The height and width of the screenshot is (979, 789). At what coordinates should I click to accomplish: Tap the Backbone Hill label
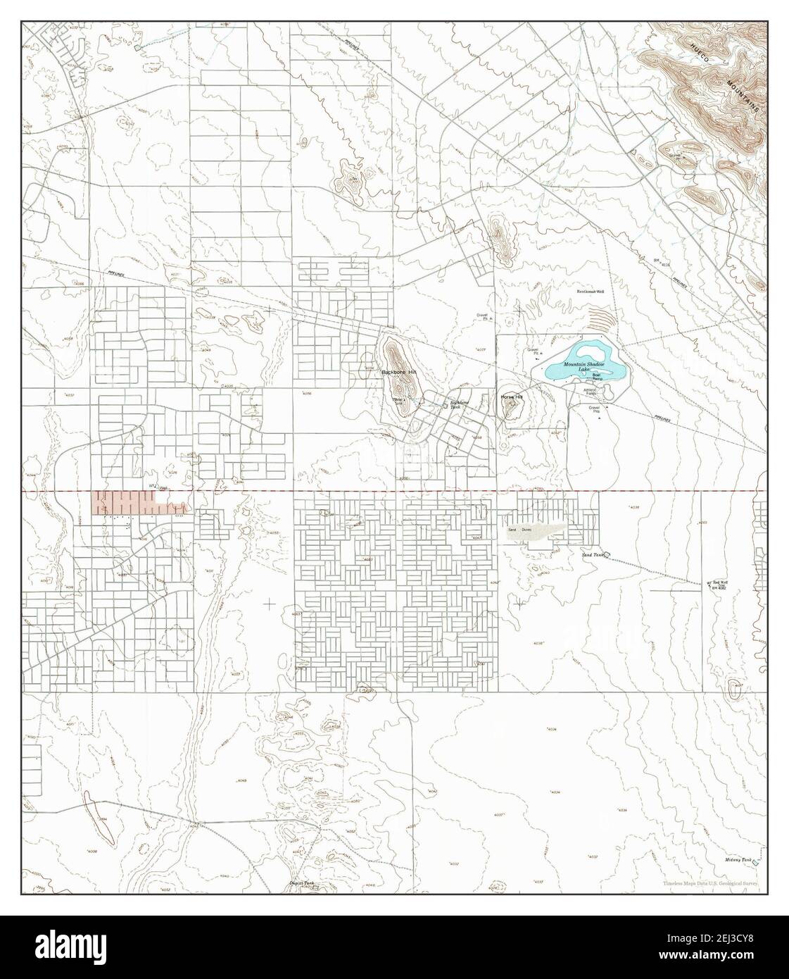click(398, 371)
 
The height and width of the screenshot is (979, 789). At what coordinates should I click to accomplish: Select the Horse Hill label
click(512, 397)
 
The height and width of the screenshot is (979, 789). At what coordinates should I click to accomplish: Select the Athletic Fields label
click(590, 391)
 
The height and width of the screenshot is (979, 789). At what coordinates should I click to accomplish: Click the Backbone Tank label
click(460, 405)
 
